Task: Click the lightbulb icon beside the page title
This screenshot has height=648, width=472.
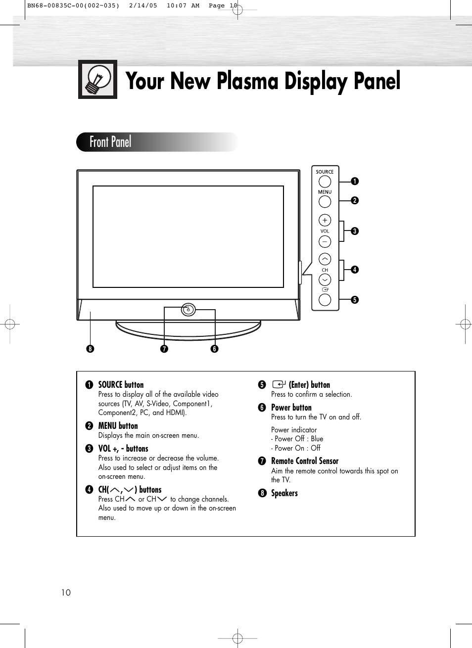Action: point(97,80)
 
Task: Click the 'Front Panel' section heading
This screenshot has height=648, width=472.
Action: point(110,142)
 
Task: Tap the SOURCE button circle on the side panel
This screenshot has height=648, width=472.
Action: point(325,182)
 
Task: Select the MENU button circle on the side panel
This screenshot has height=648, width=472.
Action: point(325,201)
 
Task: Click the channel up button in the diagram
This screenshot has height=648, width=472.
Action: point(325,259)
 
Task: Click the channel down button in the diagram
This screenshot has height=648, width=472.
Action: point(325,280)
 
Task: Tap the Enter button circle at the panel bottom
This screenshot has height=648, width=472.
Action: point(325,300)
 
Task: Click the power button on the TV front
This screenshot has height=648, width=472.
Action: point(188,310)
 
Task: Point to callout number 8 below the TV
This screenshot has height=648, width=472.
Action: point(90,349)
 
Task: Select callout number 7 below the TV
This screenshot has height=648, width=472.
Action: point(164,349)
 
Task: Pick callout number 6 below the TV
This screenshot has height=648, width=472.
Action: point(214,349)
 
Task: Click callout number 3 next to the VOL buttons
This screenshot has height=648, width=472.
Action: point(355,231)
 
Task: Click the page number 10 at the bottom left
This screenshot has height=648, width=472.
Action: point(66,593)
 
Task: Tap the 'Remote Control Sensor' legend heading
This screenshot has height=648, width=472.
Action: point(305,461)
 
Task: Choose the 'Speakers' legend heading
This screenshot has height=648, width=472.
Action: point(284,493)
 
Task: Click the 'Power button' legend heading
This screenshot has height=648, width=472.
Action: point(291,408)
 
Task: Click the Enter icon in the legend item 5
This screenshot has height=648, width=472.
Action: point(279,384)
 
